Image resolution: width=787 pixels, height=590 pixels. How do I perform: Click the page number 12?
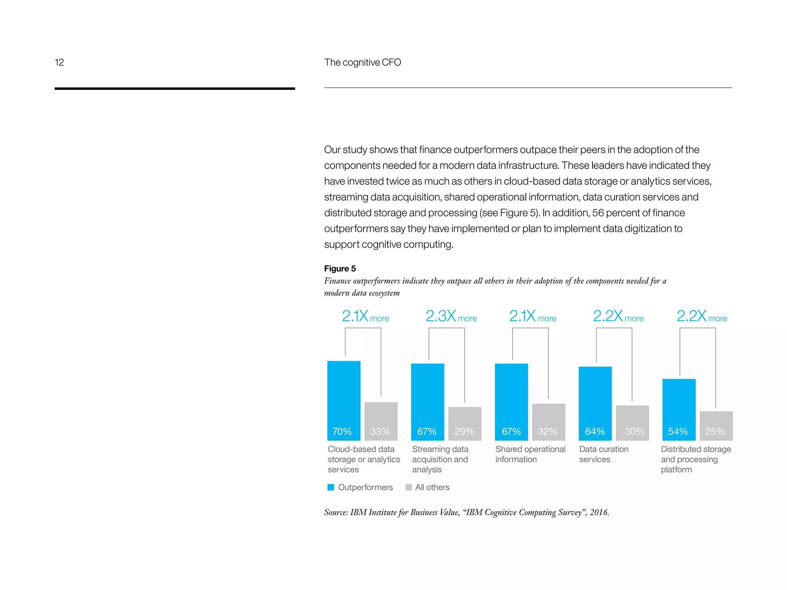click(59, 62)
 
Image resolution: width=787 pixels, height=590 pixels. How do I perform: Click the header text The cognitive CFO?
click(362, 62)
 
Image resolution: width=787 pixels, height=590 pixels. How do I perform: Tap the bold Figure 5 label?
click(340, 268)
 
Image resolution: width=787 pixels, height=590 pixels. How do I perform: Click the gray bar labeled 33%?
click(381, 421)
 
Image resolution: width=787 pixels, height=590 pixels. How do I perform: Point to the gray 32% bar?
click(548, 421)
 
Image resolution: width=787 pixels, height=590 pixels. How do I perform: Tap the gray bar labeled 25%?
click(716, 425)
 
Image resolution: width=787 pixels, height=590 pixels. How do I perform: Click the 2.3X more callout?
click(451, 317)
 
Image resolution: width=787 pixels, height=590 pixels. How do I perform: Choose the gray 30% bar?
click(632, 422)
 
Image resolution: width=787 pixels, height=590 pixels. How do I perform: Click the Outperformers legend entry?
click(360, 487)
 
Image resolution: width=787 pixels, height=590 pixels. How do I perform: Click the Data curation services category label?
click(603, 454)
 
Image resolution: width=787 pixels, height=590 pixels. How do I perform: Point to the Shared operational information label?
click(530, 454)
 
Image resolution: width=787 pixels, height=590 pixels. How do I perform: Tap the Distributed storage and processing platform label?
click(696, 459)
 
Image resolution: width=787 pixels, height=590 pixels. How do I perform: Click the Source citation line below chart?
click(466, 512)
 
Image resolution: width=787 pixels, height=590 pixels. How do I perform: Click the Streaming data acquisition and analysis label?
click(440, 459)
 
